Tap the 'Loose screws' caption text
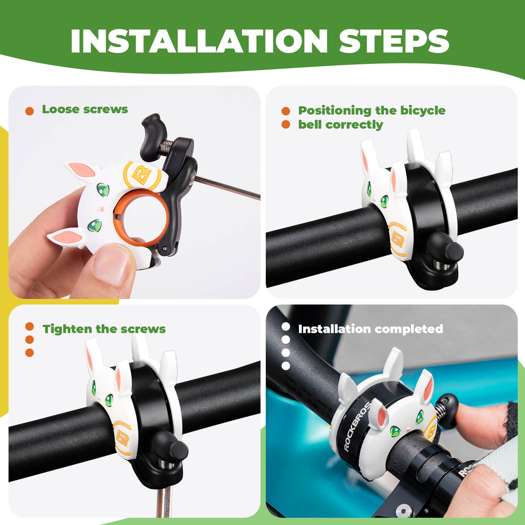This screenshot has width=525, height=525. click(85, 109)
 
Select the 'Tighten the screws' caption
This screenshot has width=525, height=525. click(104, 329)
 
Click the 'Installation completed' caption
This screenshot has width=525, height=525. click(370, 329)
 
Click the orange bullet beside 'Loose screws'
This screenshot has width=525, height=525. click(30, 111)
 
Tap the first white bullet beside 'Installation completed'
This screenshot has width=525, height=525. click(286, 327)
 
